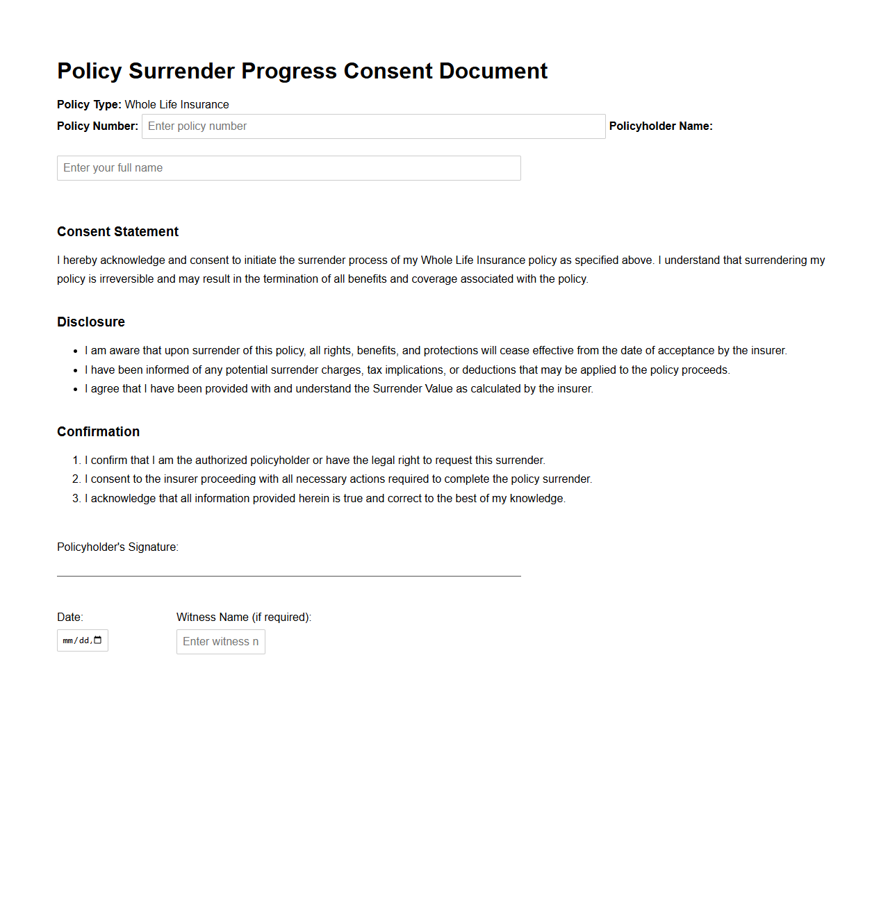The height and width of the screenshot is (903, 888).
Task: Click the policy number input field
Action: coord(373,126)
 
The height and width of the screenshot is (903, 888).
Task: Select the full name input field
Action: coord(288,168)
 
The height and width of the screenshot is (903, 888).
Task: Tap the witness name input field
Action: coord(220,642)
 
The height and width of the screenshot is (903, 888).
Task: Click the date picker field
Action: coord(76,640)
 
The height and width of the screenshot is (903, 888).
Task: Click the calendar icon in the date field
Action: coord(98,640)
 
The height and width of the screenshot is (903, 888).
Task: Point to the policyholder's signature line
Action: coord(288,575)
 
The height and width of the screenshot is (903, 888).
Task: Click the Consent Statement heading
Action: coord(117,232)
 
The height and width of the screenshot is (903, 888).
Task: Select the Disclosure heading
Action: coord(91,322)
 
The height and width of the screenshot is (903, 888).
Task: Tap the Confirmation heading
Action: coord(98,432)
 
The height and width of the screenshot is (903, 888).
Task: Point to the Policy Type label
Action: coord(89,105)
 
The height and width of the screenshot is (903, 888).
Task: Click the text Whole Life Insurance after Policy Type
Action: coord(176,105)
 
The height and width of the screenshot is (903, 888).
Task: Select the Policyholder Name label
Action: coord(661,126)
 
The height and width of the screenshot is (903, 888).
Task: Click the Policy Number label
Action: coord(97,126)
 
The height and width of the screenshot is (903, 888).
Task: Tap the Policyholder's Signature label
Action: coord(117,547)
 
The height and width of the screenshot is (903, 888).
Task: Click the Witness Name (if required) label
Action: coord(243,618)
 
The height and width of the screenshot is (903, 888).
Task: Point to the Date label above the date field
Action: coord(69,618)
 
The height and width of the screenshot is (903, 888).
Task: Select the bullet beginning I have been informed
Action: coord(407,370)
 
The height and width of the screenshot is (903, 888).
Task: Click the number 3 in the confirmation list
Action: coord(76,499)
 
